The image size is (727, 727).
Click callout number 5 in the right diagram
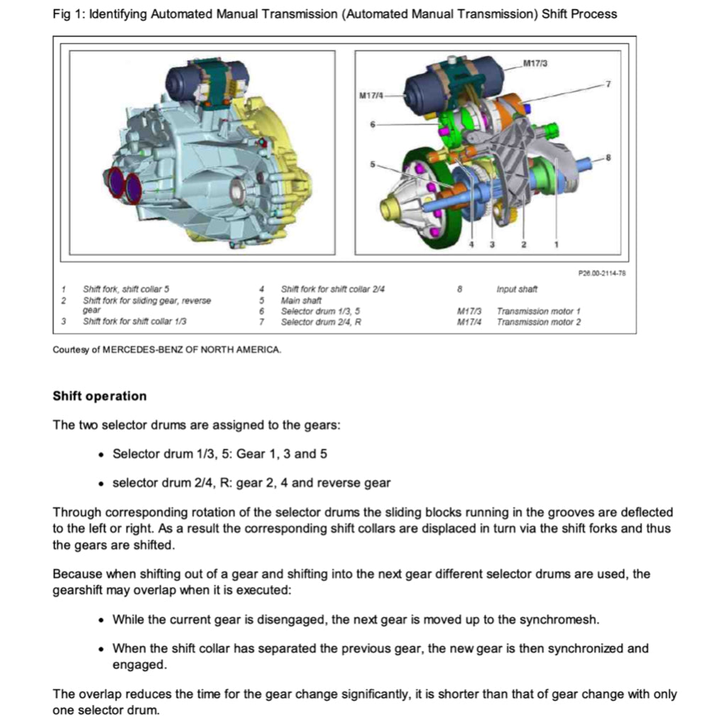coord(371,165)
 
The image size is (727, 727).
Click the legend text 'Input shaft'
coord(517,289)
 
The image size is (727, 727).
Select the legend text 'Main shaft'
coord(301,300)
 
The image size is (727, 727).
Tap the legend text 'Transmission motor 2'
coord(539,322)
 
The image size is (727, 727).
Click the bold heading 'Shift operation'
coord(99,396)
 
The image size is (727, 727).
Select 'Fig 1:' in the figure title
coord(68,13)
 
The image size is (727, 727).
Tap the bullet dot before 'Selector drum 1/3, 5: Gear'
coord(104,454)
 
